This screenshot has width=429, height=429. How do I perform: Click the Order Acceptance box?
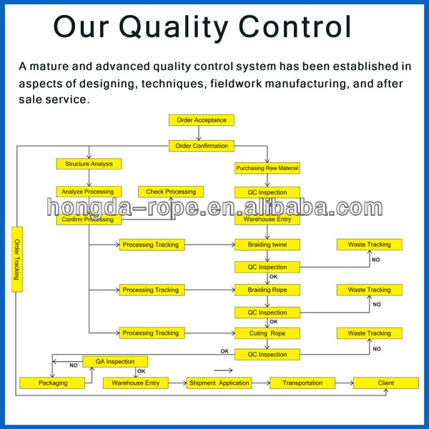point(202,120)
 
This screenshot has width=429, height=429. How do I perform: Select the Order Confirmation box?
point(202,146)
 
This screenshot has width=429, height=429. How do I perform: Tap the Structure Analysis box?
point(89,164)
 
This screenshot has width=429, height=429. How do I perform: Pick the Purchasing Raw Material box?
point(267,168)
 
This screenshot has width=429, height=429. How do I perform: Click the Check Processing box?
point(171,192)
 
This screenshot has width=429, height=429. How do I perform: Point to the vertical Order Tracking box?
point(17,260)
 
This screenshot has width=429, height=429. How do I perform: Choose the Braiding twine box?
point(267,245)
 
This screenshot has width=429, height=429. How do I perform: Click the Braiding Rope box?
point(267,290)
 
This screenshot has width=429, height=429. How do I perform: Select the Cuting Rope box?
point(267,333)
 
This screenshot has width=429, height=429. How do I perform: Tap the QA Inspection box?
point(115,362)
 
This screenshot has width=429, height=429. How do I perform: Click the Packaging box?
point(52,383)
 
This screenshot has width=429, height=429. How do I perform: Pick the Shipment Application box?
point(220,383)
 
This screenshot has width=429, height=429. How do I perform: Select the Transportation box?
point(302,383)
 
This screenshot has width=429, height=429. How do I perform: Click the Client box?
point(386,383)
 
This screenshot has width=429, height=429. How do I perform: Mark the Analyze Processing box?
point(89,192)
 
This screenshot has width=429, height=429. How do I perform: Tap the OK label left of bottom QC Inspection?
point(225,351)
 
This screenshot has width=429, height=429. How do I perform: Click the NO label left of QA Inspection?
point(74,365)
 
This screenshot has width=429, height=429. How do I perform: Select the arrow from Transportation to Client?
point(344,383)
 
